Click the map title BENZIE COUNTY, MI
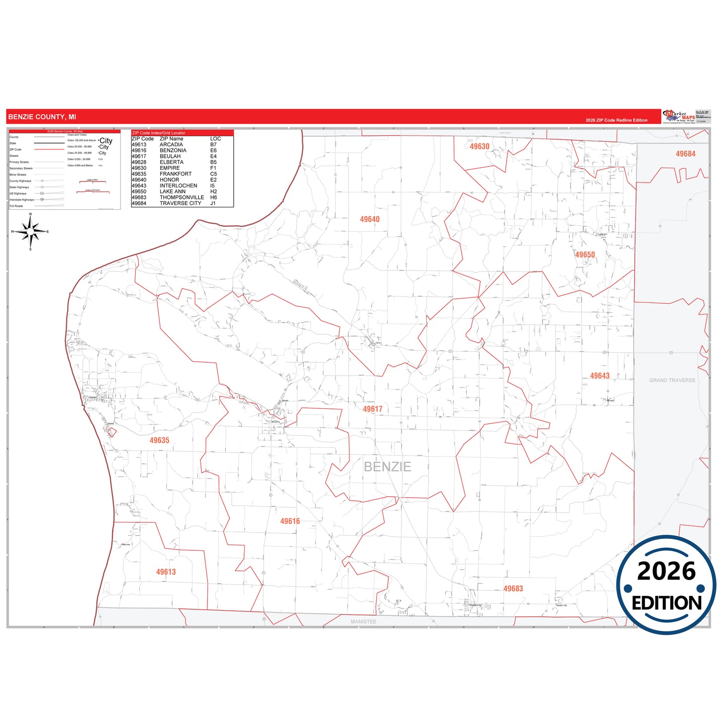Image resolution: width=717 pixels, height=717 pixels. click(x=42, y=117)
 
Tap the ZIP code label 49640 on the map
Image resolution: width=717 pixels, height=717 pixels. click(x=370, y=219)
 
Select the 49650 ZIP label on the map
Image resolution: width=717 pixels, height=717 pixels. click(x=585, y=255)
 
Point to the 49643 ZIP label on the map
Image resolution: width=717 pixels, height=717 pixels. click(x=599, y=376)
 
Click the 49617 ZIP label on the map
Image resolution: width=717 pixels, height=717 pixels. click(x=373, y=409)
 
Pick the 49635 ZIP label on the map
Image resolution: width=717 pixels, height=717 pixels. click(x=159, y=441)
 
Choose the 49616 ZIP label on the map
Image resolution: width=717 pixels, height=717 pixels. click(x=290, y=521)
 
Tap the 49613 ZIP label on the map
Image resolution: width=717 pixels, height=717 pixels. click(x=166, y=572)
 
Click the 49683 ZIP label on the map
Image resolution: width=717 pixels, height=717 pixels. click(x=513, y=588)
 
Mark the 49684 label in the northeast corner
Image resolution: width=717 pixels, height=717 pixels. click(x=685, y=154)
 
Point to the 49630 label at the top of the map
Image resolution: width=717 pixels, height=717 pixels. click(x=479, y=146)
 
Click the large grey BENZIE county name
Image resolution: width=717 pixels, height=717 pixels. click(x=388, y=467)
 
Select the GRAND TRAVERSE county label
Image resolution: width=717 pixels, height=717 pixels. click(x=672, y=381)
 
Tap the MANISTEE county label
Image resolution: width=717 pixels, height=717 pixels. click(x=363, y=622)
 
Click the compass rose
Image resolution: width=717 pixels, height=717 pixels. click(x=30, y=232)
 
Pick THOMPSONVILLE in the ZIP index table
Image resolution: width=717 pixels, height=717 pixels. click(x=182, y=197)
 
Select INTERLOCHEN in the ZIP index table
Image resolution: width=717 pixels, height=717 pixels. click(x=178, y=186)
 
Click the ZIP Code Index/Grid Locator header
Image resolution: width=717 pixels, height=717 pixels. click(x=159, y=133)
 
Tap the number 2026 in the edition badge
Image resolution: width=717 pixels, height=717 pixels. click(x=666, y=571)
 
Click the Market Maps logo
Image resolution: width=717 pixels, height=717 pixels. click(x=679, y=117)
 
